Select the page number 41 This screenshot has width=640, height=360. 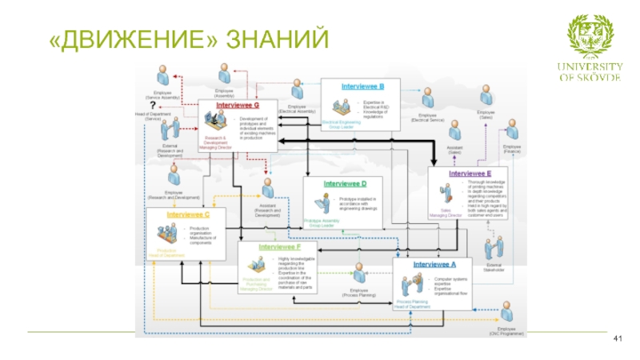point(617,341)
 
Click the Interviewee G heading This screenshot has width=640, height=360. point(238,106)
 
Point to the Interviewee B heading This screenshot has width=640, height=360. point(363,86)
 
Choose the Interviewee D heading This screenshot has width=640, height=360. point(345,183)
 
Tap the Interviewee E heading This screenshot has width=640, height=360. point(470,174)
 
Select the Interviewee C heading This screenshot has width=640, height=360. point(189,214)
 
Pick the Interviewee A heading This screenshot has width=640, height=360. point(434,263)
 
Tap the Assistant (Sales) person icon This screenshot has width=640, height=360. point(455,131)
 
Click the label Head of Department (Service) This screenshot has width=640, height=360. point(153,116)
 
